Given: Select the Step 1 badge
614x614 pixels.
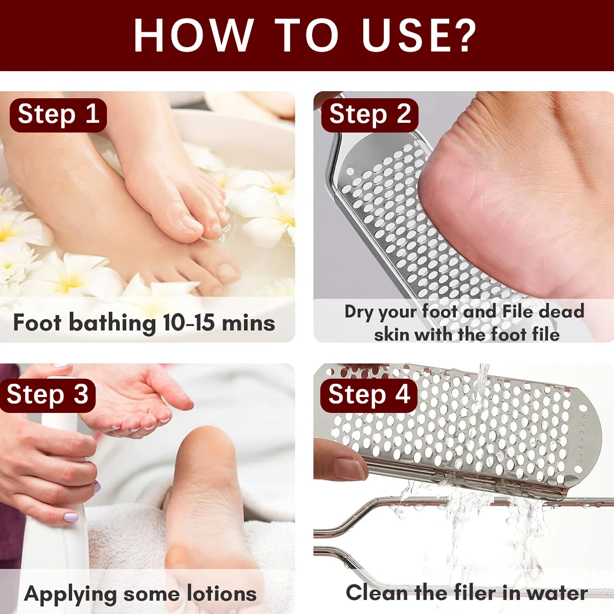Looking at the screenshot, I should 58,114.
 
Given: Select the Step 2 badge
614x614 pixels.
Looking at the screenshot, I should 369,114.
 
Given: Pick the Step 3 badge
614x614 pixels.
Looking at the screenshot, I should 48,394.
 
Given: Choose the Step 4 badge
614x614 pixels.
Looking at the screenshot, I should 369,394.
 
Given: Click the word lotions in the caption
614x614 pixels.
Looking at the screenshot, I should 221,594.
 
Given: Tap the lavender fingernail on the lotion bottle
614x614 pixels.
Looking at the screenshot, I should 70,517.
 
